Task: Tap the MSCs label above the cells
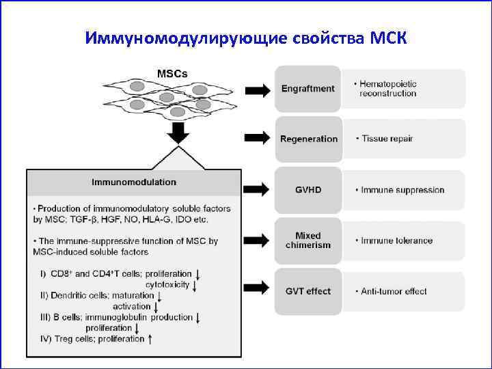click(x=173, y=73)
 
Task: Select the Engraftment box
click(x=307, y=89)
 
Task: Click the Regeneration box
click(x=308, y=139)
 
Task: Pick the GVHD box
click(x=307, y=189)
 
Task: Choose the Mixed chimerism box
click(x=307, y=241)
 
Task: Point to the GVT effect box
click(x=307, y=291)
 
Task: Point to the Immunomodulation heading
click(x=134, y=182)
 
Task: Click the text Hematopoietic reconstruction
click(x=387, y=89)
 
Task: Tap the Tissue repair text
click(x=386, y=139)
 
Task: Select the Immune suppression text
click(x=401, y=190)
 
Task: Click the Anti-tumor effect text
click(x=393, y=291)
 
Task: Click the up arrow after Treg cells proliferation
click(x=150, y=338)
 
